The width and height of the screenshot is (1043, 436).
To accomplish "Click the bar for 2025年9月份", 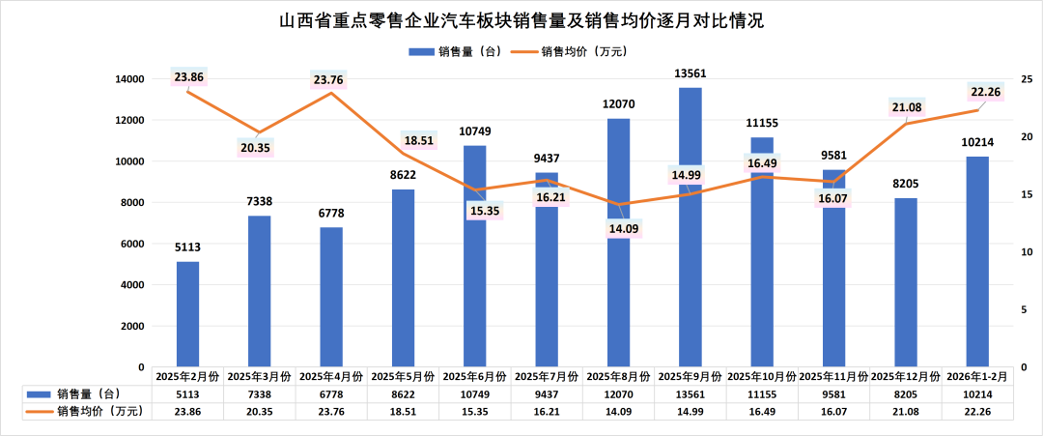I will (x=690, y=227).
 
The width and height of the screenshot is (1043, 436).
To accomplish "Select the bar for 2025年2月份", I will (x=188, y=314).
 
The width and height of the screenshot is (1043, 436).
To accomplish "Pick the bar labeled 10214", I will (x=977, y=261).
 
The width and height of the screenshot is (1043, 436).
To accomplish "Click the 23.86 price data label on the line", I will (x=189, y=76).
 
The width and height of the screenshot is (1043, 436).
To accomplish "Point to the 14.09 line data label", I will (x=619, y=230).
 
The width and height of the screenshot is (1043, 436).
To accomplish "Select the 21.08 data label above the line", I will (x=906, y=106).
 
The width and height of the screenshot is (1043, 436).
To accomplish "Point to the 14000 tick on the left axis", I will (x=128, y=79).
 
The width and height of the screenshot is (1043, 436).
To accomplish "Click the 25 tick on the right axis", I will (x=1026, y=79).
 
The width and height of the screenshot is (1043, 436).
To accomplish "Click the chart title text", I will (x=521, y=19).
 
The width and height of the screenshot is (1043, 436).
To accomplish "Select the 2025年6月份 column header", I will (x=475, y=376).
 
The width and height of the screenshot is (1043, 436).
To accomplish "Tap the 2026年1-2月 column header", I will (x=977, y=376).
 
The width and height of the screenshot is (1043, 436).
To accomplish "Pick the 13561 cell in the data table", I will (x=690, y=393).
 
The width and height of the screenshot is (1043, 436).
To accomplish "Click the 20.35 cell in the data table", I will (x=260, y=411).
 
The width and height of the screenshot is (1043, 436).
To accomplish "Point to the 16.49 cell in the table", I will (x=762, y=411).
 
